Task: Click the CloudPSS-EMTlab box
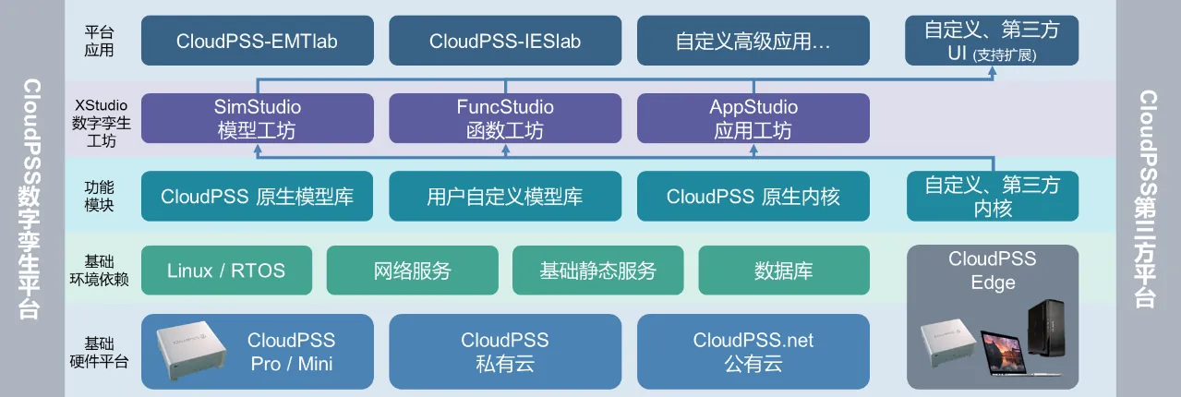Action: [258, 41]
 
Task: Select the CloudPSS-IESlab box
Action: [505, 41]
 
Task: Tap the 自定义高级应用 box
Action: [753, 41]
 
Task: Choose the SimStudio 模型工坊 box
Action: [258, 119]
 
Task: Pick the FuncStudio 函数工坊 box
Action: [505, 119]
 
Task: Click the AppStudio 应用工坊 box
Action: [753, 119]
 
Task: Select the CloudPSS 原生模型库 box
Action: [258, 196]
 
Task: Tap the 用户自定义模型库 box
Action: [505, 196]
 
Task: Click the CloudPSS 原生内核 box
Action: [753, 196]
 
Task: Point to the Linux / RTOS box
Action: [226, 271]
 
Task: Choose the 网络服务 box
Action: [412, 271]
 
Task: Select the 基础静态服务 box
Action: [597, 271]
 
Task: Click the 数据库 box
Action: [783, 271]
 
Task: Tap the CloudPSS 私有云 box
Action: [505, 352]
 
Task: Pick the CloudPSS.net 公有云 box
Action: [753, 352]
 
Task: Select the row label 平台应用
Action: [98, 41]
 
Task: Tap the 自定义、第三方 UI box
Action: [993, 41]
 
